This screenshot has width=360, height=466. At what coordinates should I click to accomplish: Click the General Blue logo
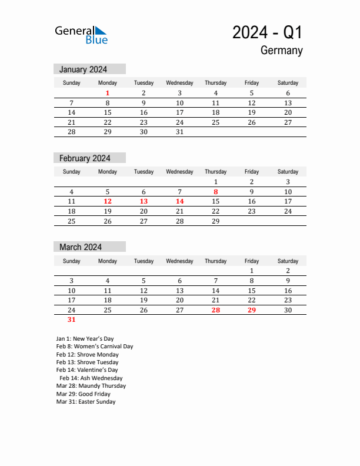click(x=81, y=35)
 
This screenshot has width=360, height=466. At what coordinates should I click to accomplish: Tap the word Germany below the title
click(x=281, y=51)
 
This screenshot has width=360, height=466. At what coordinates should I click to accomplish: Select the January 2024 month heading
click(x=83, y=69)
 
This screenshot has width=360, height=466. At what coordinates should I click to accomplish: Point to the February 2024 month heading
click(x=85, y=158)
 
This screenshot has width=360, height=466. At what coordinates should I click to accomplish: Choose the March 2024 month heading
click(x=81, y=247)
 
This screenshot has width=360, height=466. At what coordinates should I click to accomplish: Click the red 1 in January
click(x=108, y=93)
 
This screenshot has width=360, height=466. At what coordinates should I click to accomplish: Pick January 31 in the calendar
click(x=179, y=132)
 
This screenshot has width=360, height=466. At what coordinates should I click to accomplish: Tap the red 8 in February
click(x=215, y=192)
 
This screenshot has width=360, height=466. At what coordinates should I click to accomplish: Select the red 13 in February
click(x=144, y=201)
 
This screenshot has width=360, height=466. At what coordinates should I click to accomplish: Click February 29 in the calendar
click(x=215, y=221)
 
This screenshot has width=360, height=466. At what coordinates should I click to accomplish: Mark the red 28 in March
click(x=215, y=310)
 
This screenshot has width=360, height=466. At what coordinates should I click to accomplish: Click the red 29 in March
click(x=252, y=310)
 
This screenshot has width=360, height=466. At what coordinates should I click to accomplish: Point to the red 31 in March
click(x=71, y=320)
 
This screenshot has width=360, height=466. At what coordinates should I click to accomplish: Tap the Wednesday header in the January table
click(x=179, y=83)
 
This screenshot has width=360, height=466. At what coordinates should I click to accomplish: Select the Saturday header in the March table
click(x=288, y=261)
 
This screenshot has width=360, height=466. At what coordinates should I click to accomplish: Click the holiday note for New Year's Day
click(x=85, y=339)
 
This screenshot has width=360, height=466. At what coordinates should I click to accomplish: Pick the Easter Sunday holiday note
click(x=86, y=402)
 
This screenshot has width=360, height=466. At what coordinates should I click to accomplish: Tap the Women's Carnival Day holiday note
click(x=95, y=347)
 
